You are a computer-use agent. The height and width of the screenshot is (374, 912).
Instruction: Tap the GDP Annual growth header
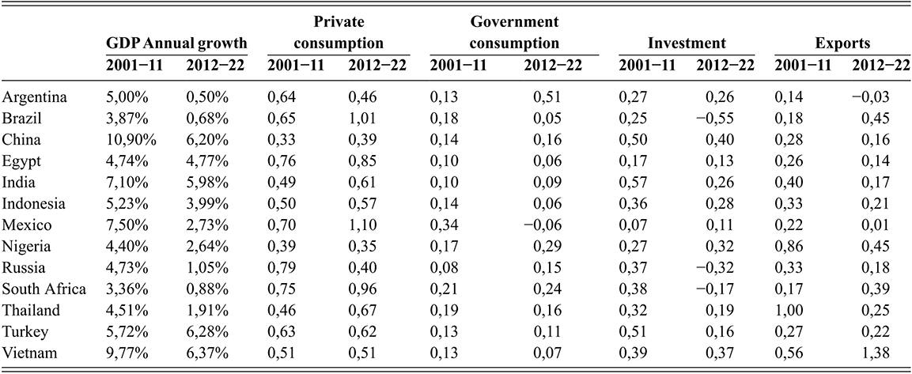point(177,43)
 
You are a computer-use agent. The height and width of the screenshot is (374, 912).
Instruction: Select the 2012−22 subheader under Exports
point(880,63)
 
